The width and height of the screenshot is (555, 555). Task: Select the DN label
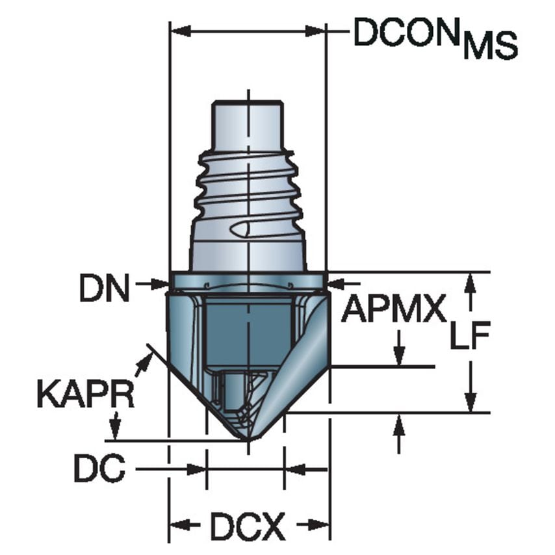(x=104, y=288)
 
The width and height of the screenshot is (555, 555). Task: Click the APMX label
(x=394, y=309)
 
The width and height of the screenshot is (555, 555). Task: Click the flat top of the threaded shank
(x=248, y=102)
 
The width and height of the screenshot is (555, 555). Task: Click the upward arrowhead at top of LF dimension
(x=472, y=279)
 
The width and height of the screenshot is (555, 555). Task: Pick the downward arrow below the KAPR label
(x=116, y=430)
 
